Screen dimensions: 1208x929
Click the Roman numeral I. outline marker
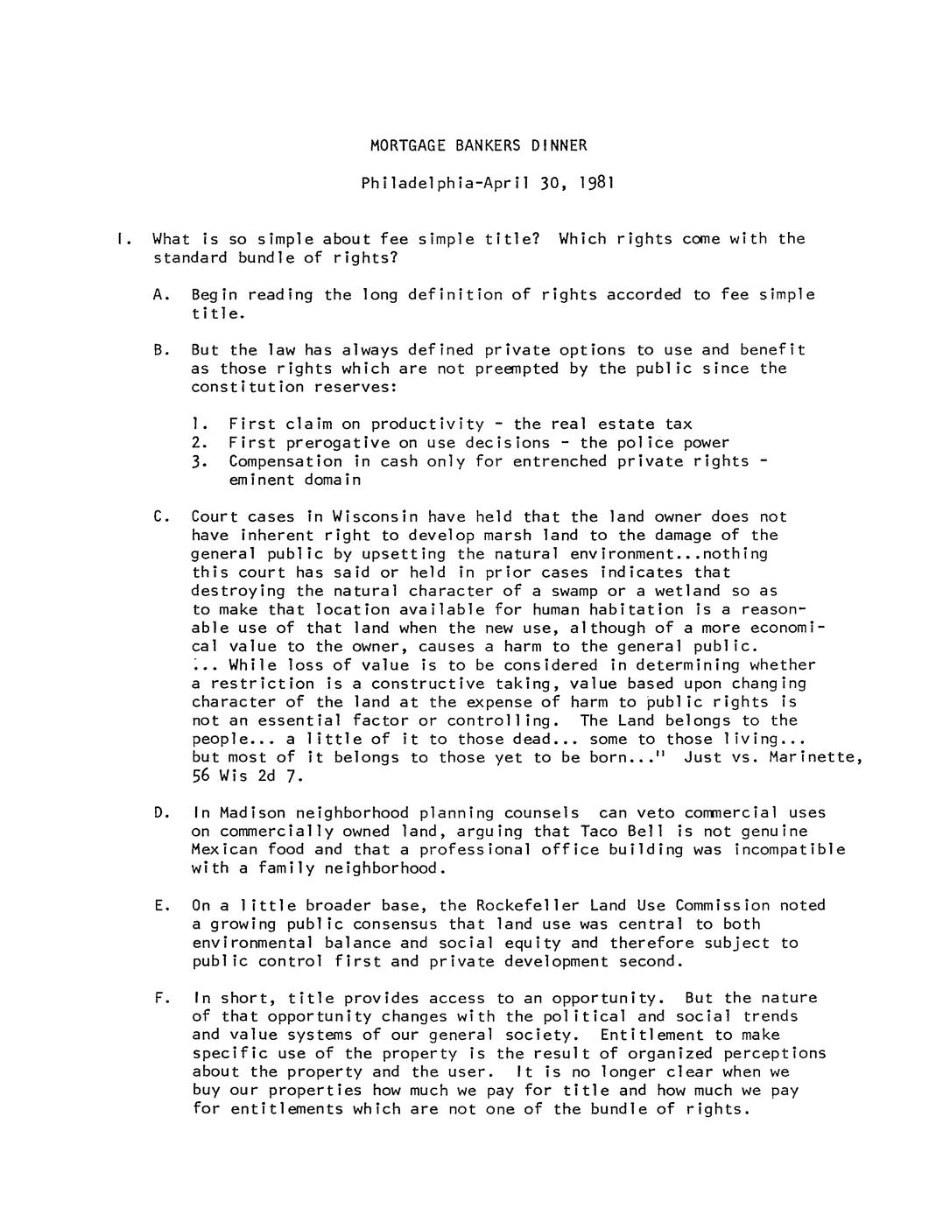tap(123, 238)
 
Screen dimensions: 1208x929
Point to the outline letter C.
tap(158, 516)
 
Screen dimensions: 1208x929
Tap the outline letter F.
tap(158, 997)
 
